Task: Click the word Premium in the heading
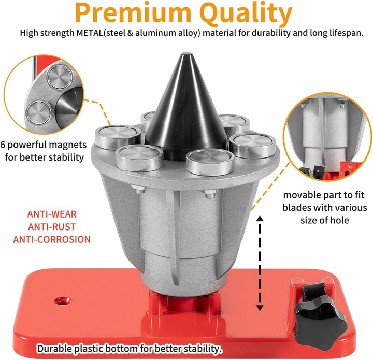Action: [133, 12]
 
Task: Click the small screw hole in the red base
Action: [63, 301]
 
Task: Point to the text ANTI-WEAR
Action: [52, 214]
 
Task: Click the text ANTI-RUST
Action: [52, 227]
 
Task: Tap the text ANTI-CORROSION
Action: [52, 239]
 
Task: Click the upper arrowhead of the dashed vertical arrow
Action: [260, 218]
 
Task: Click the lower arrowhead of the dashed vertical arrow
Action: [260, 308]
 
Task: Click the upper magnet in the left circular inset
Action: [60, 77]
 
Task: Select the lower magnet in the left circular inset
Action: [39, 113]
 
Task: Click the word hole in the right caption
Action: [340, 220]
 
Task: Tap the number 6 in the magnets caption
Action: [3, 145]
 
